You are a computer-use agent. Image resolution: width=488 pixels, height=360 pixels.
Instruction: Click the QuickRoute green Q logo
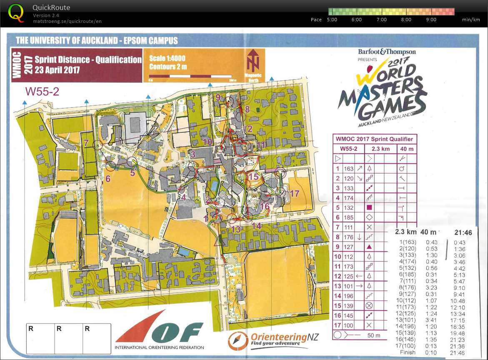click(16, 12)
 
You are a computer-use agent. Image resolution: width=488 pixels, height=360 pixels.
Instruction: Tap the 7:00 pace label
click(381, 20)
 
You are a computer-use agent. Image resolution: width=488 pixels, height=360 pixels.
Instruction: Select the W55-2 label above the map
click(42, 91)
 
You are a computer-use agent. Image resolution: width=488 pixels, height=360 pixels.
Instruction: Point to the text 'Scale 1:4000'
click(167, 58)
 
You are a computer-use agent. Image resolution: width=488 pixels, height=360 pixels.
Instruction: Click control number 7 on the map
click(86, 143)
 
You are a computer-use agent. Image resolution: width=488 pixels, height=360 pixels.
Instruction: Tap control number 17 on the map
click(295, 193)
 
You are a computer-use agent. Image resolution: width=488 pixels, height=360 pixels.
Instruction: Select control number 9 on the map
click(218, 97)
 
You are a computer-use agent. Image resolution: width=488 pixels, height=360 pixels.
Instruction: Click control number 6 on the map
click(108, 179)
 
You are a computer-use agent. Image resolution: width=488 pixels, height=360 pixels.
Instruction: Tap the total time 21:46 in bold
click(463, 232)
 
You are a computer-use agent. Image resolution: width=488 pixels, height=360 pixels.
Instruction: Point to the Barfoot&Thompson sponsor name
click(387, 52)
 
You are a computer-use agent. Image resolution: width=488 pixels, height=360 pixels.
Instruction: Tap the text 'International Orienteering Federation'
click(160, 347)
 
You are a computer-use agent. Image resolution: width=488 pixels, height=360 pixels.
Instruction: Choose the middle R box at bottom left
click(69, 338)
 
